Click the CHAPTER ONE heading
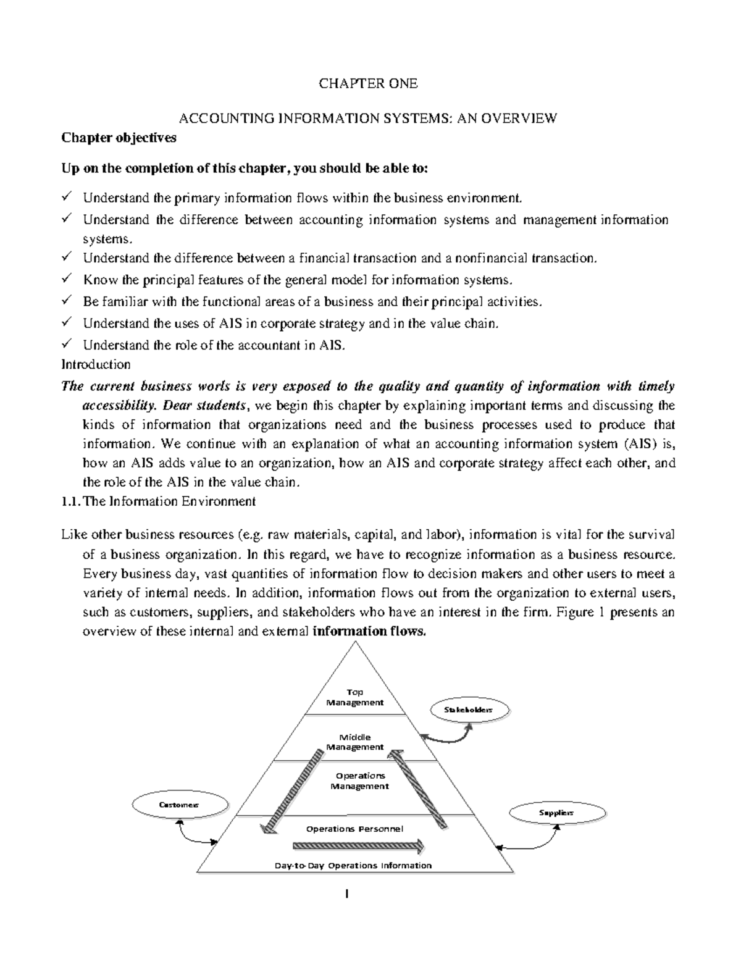pyautogui.click(x=368, y=83)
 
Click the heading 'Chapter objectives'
pyautogui.click(x=119, y=138)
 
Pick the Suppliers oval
pyautogui.click(x=556, y=813)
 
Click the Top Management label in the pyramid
pyautogui.click(x=355, y=697)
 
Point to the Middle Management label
pyautogui.click(x=355, y=742)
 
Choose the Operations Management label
pyautogui.click(x=359, y=781)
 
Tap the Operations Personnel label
pyautogui.click(x=354, y=829)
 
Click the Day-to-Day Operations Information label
pyautogui.click(x=353, y=865)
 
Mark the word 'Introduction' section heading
pyautogui.click(x=96, y=364)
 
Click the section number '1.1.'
pyautogui.click(x=70, y=501)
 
